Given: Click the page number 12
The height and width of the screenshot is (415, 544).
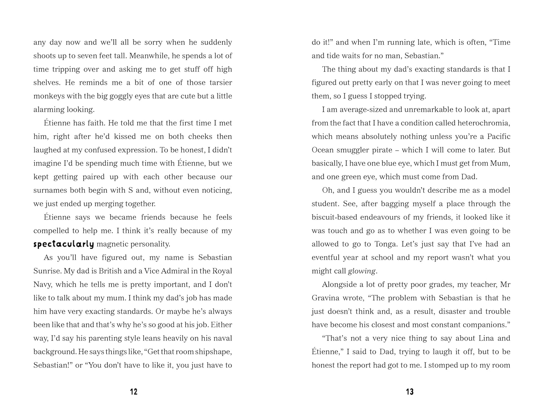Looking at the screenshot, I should pos(133,392).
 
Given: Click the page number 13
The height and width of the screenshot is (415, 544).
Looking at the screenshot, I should pos(410,392).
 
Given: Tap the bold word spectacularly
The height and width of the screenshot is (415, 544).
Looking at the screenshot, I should pos(63,244).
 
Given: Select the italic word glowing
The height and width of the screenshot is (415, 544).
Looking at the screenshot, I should pos(362,271).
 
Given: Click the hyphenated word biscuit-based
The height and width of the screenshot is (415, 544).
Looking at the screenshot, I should pos(334,217).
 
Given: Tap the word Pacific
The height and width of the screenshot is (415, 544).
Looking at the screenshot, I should pos(498,137).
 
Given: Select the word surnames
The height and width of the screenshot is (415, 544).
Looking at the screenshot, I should pos(49,191).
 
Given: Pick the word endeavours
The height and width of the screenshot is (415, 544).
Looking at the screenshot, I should pos(382,217).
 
